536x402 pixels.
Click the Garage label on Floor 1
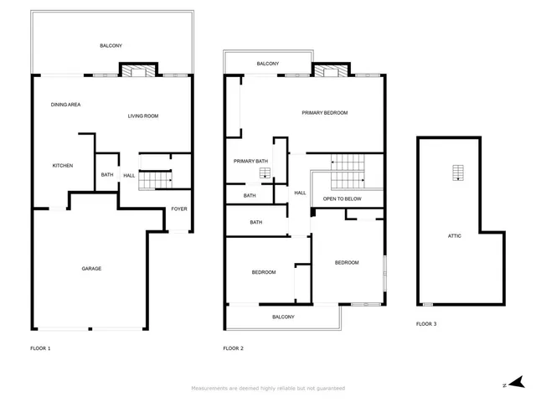coord(91,269)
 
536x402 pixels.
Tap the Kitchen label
coord(63,166)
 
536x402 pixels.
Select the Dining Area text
coord(65,105)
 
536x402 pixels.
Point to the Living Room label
coord(143,116)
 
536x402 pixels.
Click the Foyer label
coord(179,209)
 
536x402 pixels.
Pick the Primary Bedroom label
coord(325,112)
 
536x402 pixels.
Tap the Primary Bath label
coord(250,161)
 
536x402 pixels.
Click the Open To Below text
coord(343,198)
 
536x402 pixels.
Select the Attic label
coord(455,235)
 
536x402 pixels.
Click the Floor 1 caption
coord(40,348)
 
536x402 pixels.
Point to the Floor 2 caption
coord(233,348)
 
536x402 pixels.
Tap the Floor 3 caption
coord(426,323)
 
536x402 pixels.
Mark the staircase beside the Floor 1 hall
coord(153,178)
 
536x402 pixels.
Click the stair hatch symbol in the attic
coord(458,172)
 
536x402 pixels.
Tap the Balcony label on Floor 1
coord(111,45)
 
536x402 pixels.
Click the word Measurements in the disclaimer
coord(210,389)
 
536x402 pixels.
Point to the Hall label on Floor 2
coord(300,193)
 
